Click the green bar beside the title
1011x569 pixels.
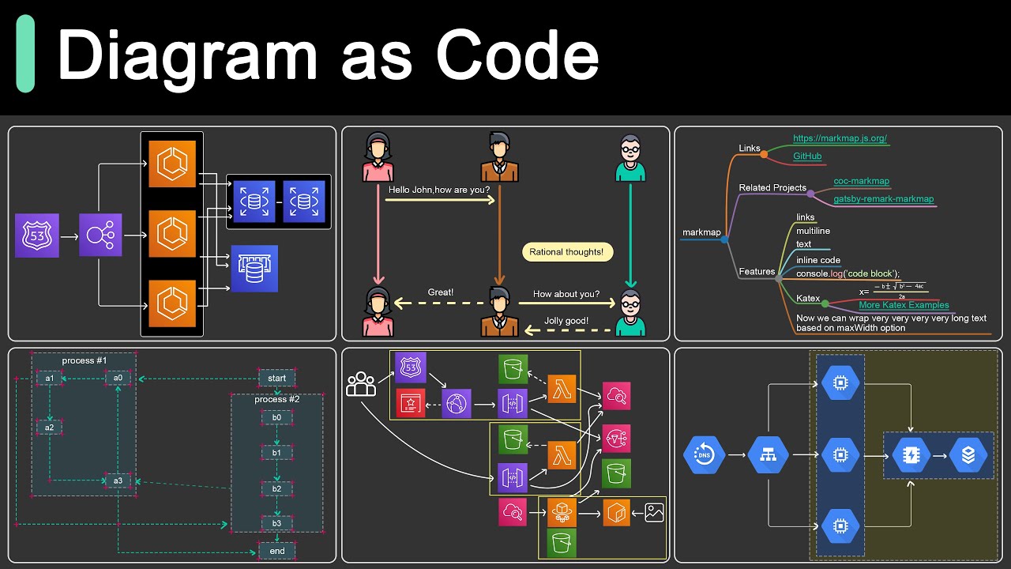(25, 54)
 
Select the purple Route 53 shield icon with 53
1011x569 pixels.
(36, 236)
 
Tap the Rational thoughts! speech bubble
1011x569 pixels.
(566, 252)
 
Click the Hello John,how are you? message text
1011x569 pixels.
(439, 190)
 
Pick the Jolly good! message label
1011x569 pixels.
(566, 321)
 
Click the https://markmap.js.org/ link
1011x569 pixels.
(840, 138)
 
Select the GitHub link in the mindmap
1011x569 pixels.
(807, 156)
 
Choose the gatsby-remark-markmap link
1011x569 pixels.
(883, 199)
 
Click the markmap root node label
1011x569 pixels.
(701, 232)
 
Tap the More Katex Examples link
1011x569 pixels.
(904, 305)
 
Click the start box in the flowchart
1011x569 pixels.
(276, 378)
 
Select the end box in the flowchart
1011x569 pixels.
(276, 551)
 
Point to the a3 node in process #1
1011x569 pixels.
(118, 480)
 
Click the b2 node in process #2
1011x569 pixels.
(276, 488)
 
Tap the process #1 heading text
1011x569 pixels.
(85, 360)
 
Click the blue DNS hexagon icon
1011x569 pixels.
(703, 455)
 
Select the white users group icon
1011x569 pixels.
(362, 384)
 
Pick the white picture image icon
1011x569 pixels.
(654, 512)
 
